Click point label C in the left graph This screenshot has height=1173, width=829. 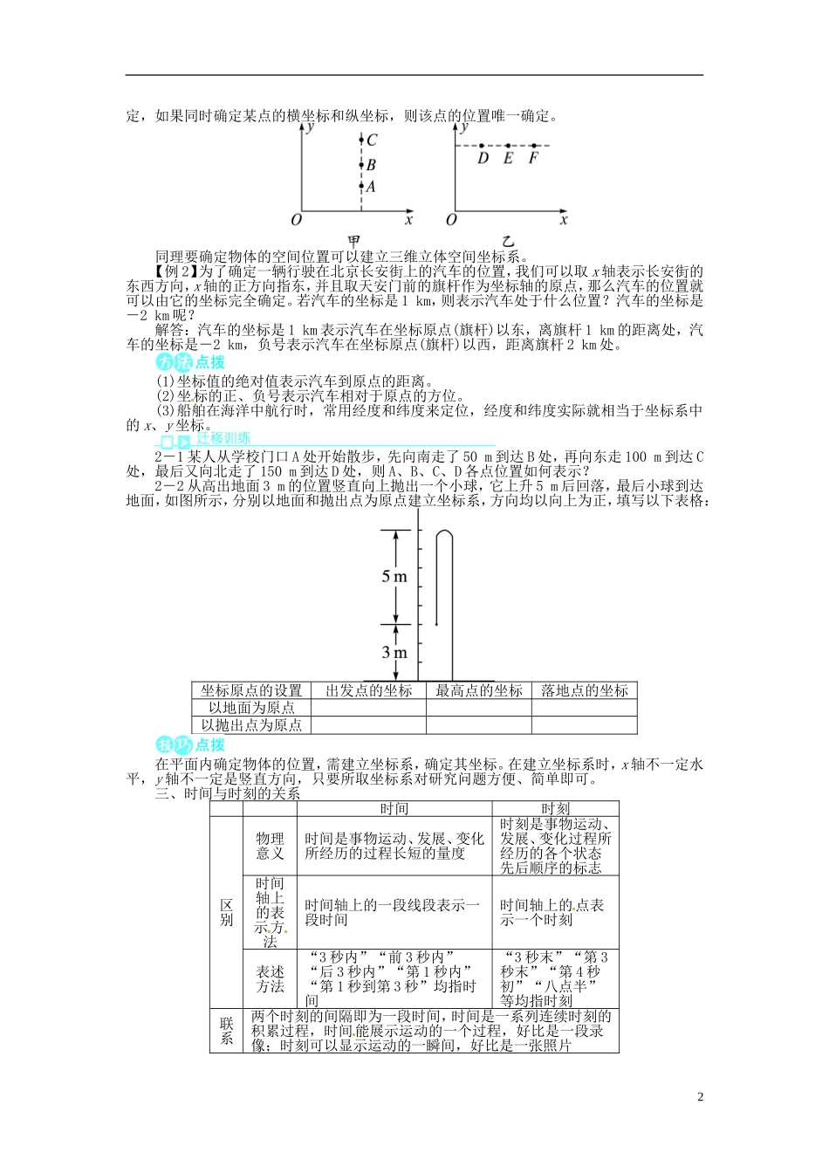coord(372,141)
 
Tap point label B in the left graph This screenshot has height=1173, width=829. coord(371,164)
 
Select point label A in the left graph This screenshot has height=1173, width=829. coord(371,186)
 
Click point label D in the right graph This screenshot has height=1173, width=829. coord(483,159)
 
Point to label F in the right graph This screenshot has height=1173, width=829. coord(533,159)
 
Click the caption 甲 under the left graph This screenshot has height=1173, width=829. coord(354,241)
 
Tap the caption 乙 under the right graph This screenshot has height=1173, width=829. coord(508,241)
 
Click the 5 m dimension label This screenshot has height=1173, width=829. coord(394,576)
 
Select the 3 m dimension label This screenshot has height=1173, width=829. coord(394,653)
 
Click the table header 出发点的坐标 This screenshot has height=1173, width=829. coord(368,690)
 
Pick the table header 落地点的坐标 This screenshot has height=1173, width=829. coord(584,690)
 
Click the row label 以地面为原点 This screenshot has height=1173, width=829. coord(251,708)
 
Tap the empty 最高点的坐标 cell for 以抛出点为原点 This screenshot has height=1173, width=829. coord(478,725)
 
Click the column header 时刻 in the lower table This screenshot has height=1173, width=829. coord(555,809)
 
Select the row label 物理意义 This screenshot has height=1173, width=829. coord(270,846)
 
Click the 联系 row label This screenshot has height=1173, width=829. coord(227,1031)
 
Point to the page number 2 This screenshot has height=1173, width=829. coord(700,1097)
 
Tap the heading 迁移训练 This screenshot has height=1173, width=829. coord(223,438)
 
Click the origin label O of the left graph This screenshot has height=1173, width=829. coord(296,220)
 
